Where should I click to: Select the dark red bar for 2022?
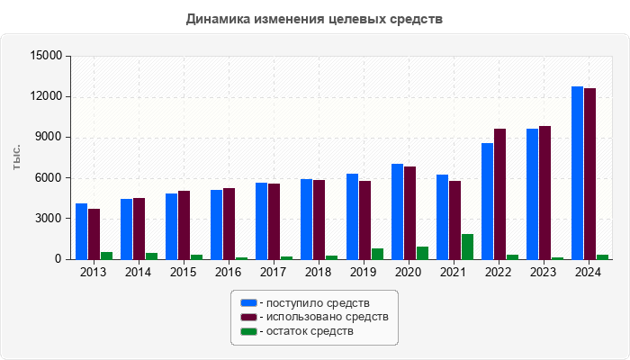click(x=499, y=193)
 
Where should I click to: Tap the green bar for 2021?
click(x=467, y=247)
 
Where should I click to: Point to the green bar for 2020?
click(x=422, y=253)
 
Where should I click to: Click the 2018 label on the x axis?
click(x=319, y=272)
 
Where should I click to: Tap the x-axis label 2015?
click(x=184, y=272)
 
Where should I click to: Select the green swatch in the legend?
click(x=247, y=331)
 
